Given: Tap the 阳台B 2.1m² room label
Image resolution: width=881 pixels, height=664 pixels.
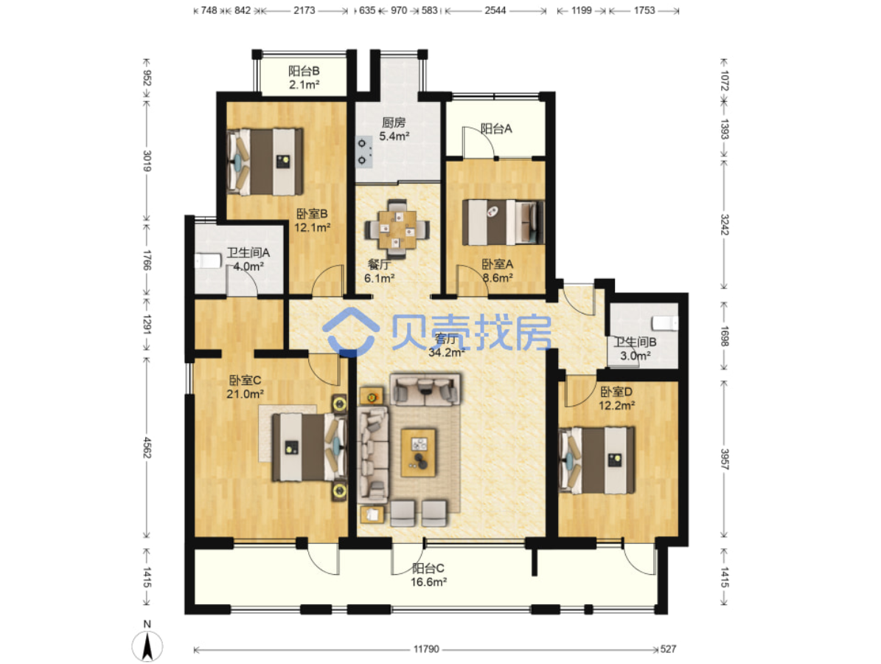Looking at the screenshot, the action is click(304, 78).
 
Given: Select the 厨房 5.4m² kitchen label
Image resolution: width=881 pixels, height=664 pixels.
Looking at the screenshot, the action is click(394, 129).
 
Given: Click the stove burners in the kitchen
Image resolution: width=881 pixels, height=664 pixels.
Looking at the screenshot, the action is click(363, 152).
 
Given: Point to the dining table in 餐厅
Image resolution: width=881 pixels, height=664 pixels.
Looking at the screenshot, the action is click(398, 229).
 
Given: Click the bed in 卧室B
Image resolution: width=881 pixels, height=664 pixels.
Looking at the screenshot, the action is click(265, 162).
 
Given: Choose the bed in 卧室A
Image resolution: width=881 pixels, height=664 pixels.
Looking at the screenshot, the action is click(504, 222).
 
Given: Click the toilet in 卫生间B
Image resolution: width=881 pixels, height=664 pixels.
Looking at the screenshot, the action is click(665, 323).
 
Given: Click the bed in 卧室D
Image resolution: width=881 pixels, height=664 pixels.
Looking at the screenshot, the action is click(598, 460).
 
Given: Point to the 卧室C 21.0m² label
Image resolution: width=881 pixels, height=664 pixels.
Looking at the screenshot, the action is click(245, 387).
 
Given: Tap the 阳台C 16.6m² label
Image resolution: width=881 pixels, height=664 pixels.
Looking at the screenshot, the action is click(428, 575).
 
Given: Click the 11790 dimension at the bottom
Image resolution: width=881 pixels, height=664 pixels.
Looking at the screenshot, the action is click(426, 649).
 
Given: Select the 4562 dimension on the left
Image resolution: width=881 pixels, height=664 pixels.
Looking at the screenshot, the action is click(147, 447).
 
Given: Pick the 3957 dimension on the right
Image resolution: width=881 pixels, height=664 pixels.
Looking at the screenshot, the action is click(724, 460).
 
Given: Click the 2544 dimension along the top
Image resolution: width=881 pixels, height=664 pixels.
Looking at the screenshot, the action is click(495, 10).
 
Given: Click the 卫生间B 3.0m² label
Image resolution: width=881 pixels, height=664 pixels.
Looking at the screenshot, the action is click(635, 348).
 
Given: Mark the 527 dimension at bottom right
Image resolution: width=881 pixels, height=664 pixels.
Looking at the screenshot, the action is click(668, 649).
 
